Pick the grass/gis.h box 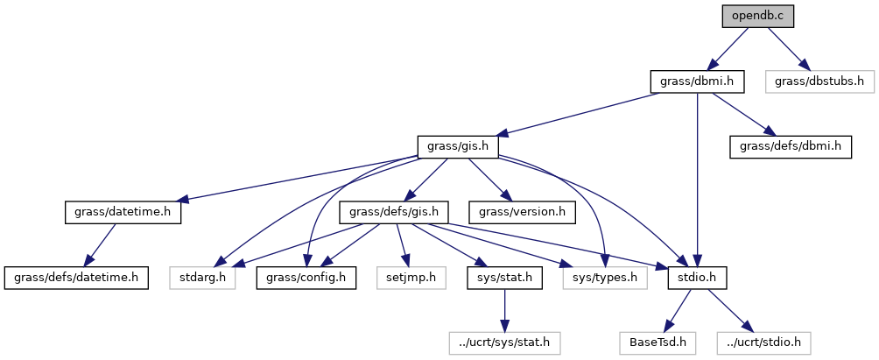[458, 146]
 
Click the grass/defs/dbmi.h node [791, 146]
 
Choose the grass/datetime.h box [123, 212]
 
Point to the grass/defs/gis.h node [399, 212]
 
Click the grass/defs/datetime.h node [75, 278]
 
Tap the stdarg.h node [203, 278]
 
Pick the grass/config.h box [306, 278]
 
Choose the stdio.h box [697, 278]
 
